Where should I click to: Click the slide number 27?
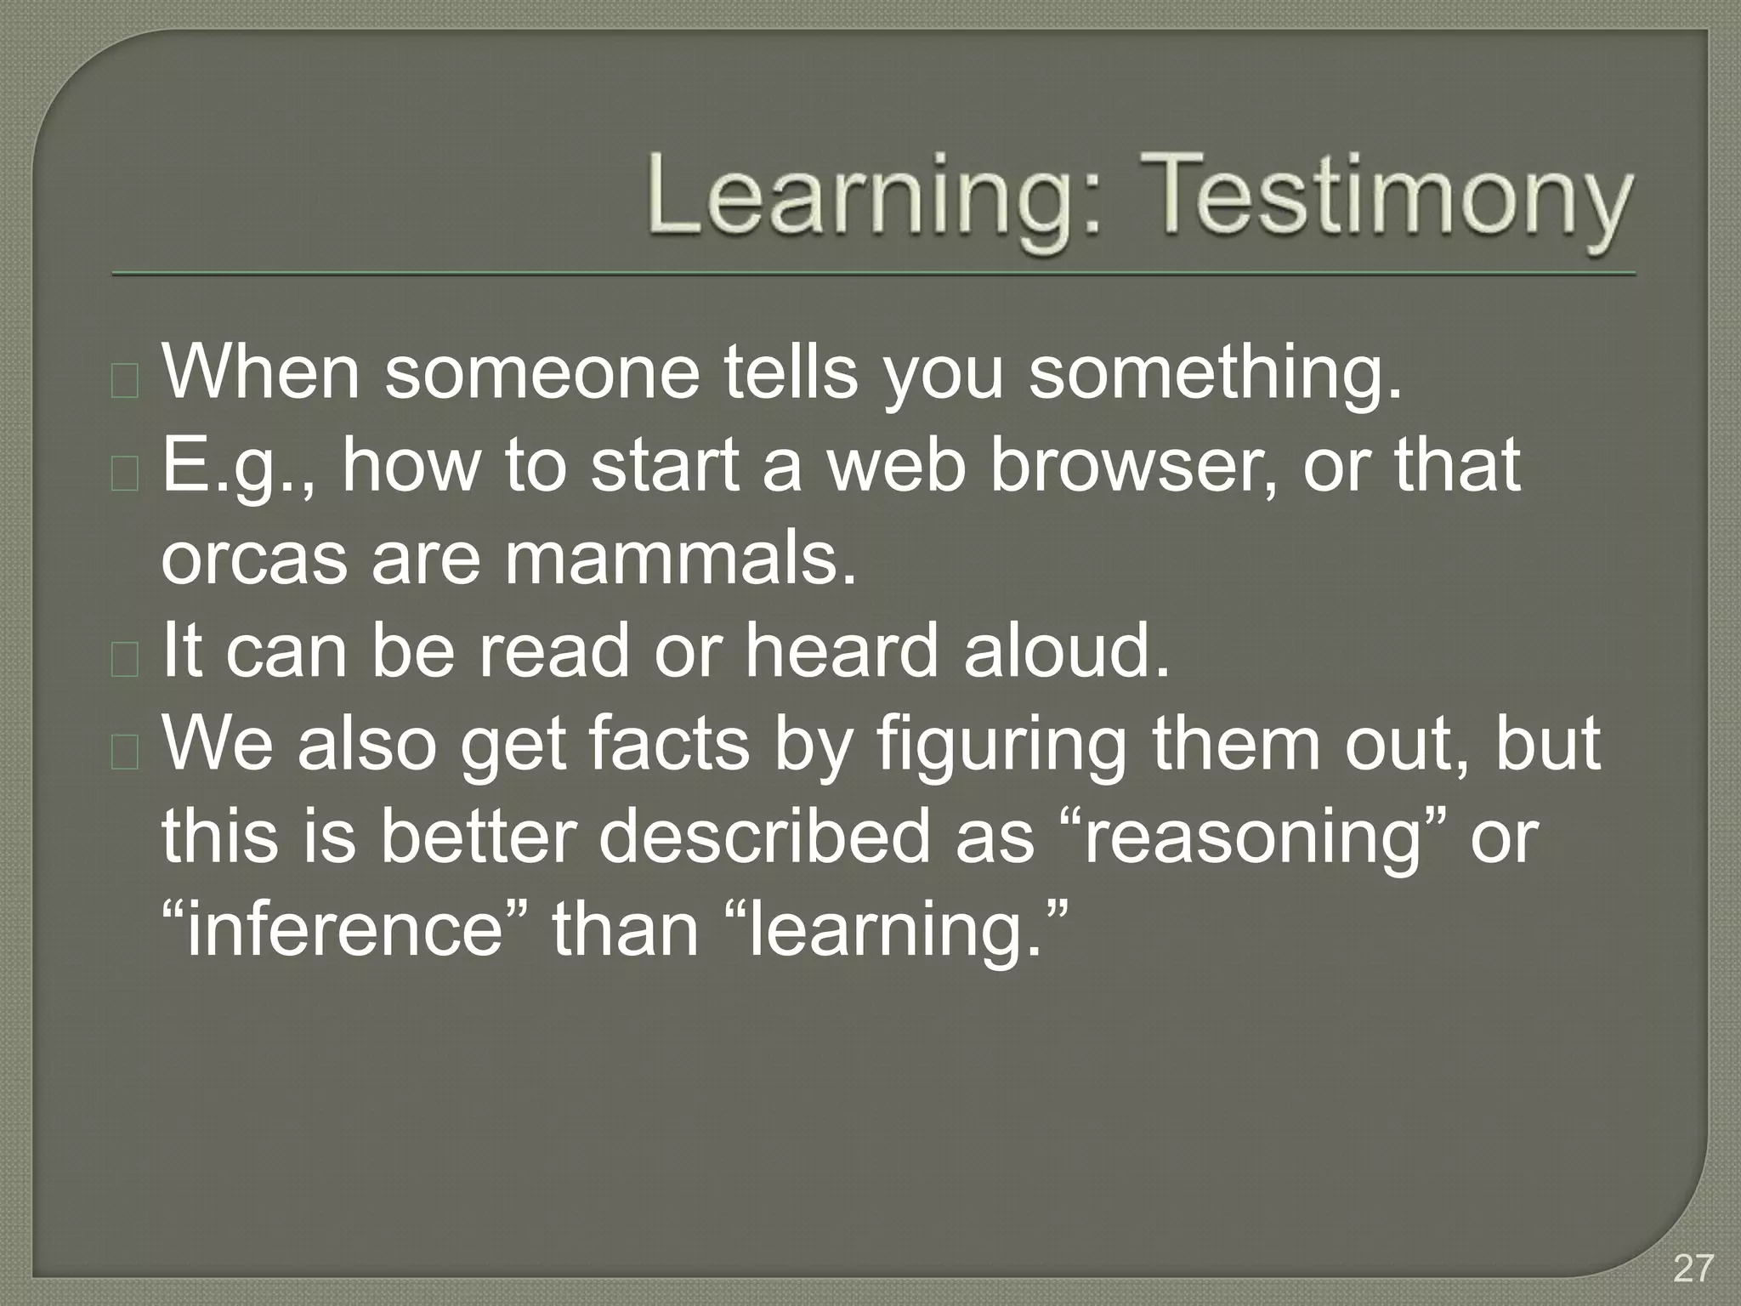tap(1693, 1269)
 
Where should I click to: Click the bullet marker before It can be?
tap(125, 660)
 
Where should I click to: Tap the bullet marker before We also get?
tap(125, 753)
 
